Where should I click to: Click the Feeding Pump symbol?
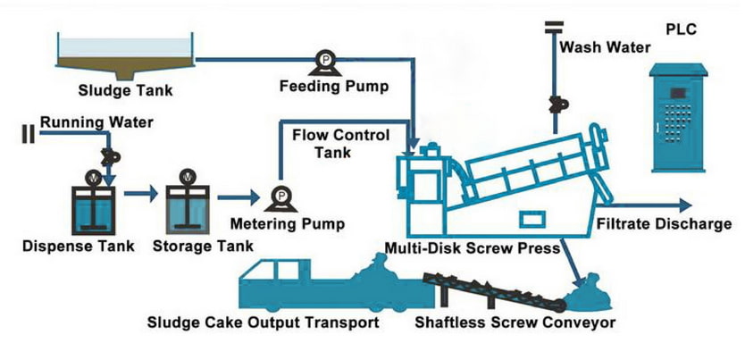tap(317, 62)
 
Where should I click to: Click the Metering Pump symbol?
tap(280, 196)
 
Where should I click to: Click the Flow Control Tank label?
tap(341, 144)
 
